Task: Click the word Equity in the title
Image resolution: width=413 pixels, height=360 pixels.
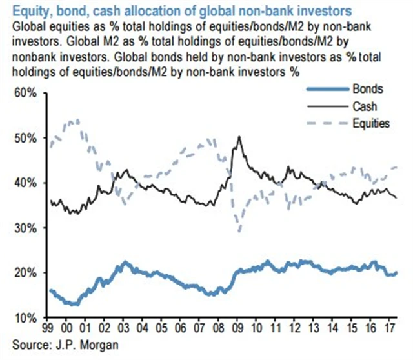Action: (28, 10)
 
